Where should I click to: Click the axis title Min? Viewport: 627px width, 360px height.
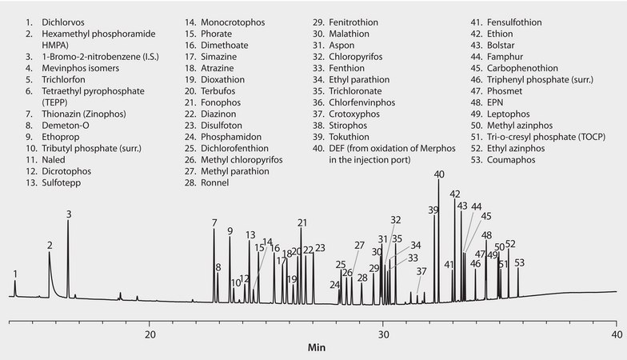[x=317, y=349]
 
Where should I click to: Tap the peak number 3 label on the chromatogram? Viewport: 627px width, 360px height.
[x=69, y=214]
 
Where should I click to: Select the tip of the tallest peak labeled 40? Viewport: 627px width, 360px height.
[x=438, y=181]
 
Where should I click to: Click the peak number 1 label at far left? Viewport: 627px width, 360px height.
[x=14, y=274]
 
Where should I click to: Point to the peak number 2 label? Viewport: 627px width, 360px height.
[x=50, y=245]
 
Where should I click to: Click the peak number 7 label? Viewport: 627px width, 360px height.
[x=214, y=222]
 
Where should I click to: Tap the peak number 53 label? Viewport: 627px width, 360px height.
[x=519, y=262]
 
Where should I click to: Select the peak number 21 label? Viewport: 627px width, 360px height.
[x=302, y=222]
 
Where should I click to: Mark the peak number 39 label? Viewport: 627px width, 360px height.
[x=433, y=210]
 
